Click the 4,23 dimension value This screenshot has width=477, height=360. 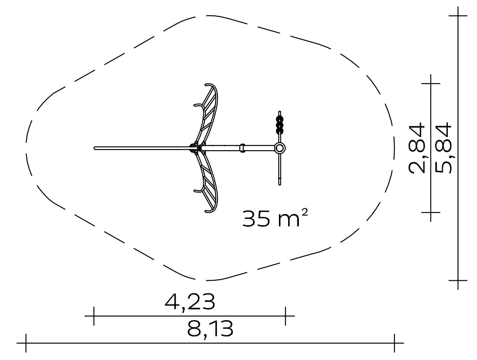tap(190, 302)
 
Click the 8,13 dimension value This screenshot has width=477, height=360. tap(210, 329)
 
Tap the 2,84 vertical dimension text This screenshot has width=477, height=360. tap(417, 148)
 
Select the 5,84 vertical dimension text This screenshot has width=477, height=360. tap(443, 148)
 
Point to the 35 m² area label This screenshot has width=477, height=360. tap(275, 218)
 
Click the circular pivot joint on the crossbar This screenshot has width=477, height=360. tap(280, 149)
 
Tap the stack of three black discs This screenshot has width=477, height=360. tap(280, 125)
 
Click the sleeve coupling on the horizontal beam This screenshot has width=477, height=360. tap(243, 148)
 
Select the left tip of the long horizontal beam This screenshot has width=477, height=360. tap(95, 149)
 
